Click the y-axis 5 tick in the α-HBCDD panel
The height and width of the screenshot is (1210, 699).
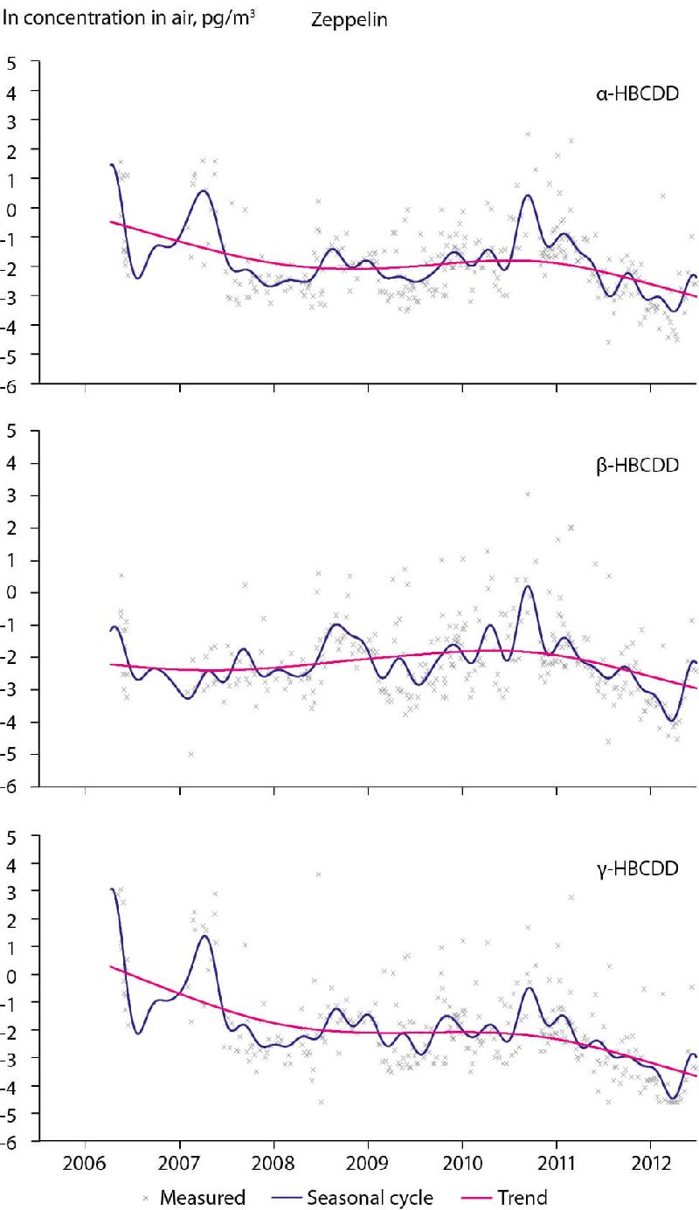[11, 61]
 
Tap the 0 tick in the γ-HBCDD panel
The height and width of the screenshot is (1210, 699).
[11, 974]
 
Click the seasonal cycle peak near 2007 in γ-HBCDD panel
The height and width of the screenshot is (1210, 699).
[204, 937]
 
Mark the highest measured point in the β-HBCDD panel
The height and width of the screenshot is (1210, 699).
[529, 494]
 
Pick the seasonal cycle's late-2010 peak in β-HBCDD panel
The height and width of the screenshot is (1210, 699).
[528, 586]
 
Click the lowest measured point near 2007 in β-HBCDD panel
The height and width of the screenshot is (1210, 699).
[191, 754]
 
